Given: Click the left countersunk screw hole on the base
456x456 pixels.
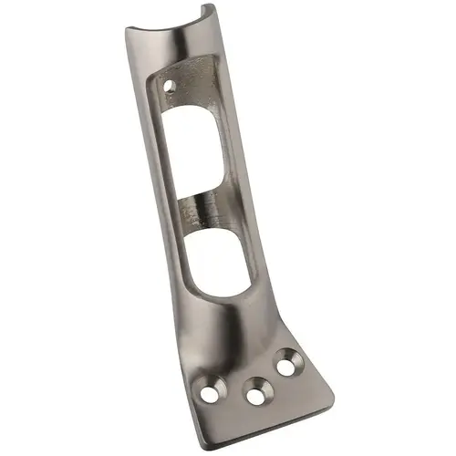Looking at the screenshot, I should pos(210,394).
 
